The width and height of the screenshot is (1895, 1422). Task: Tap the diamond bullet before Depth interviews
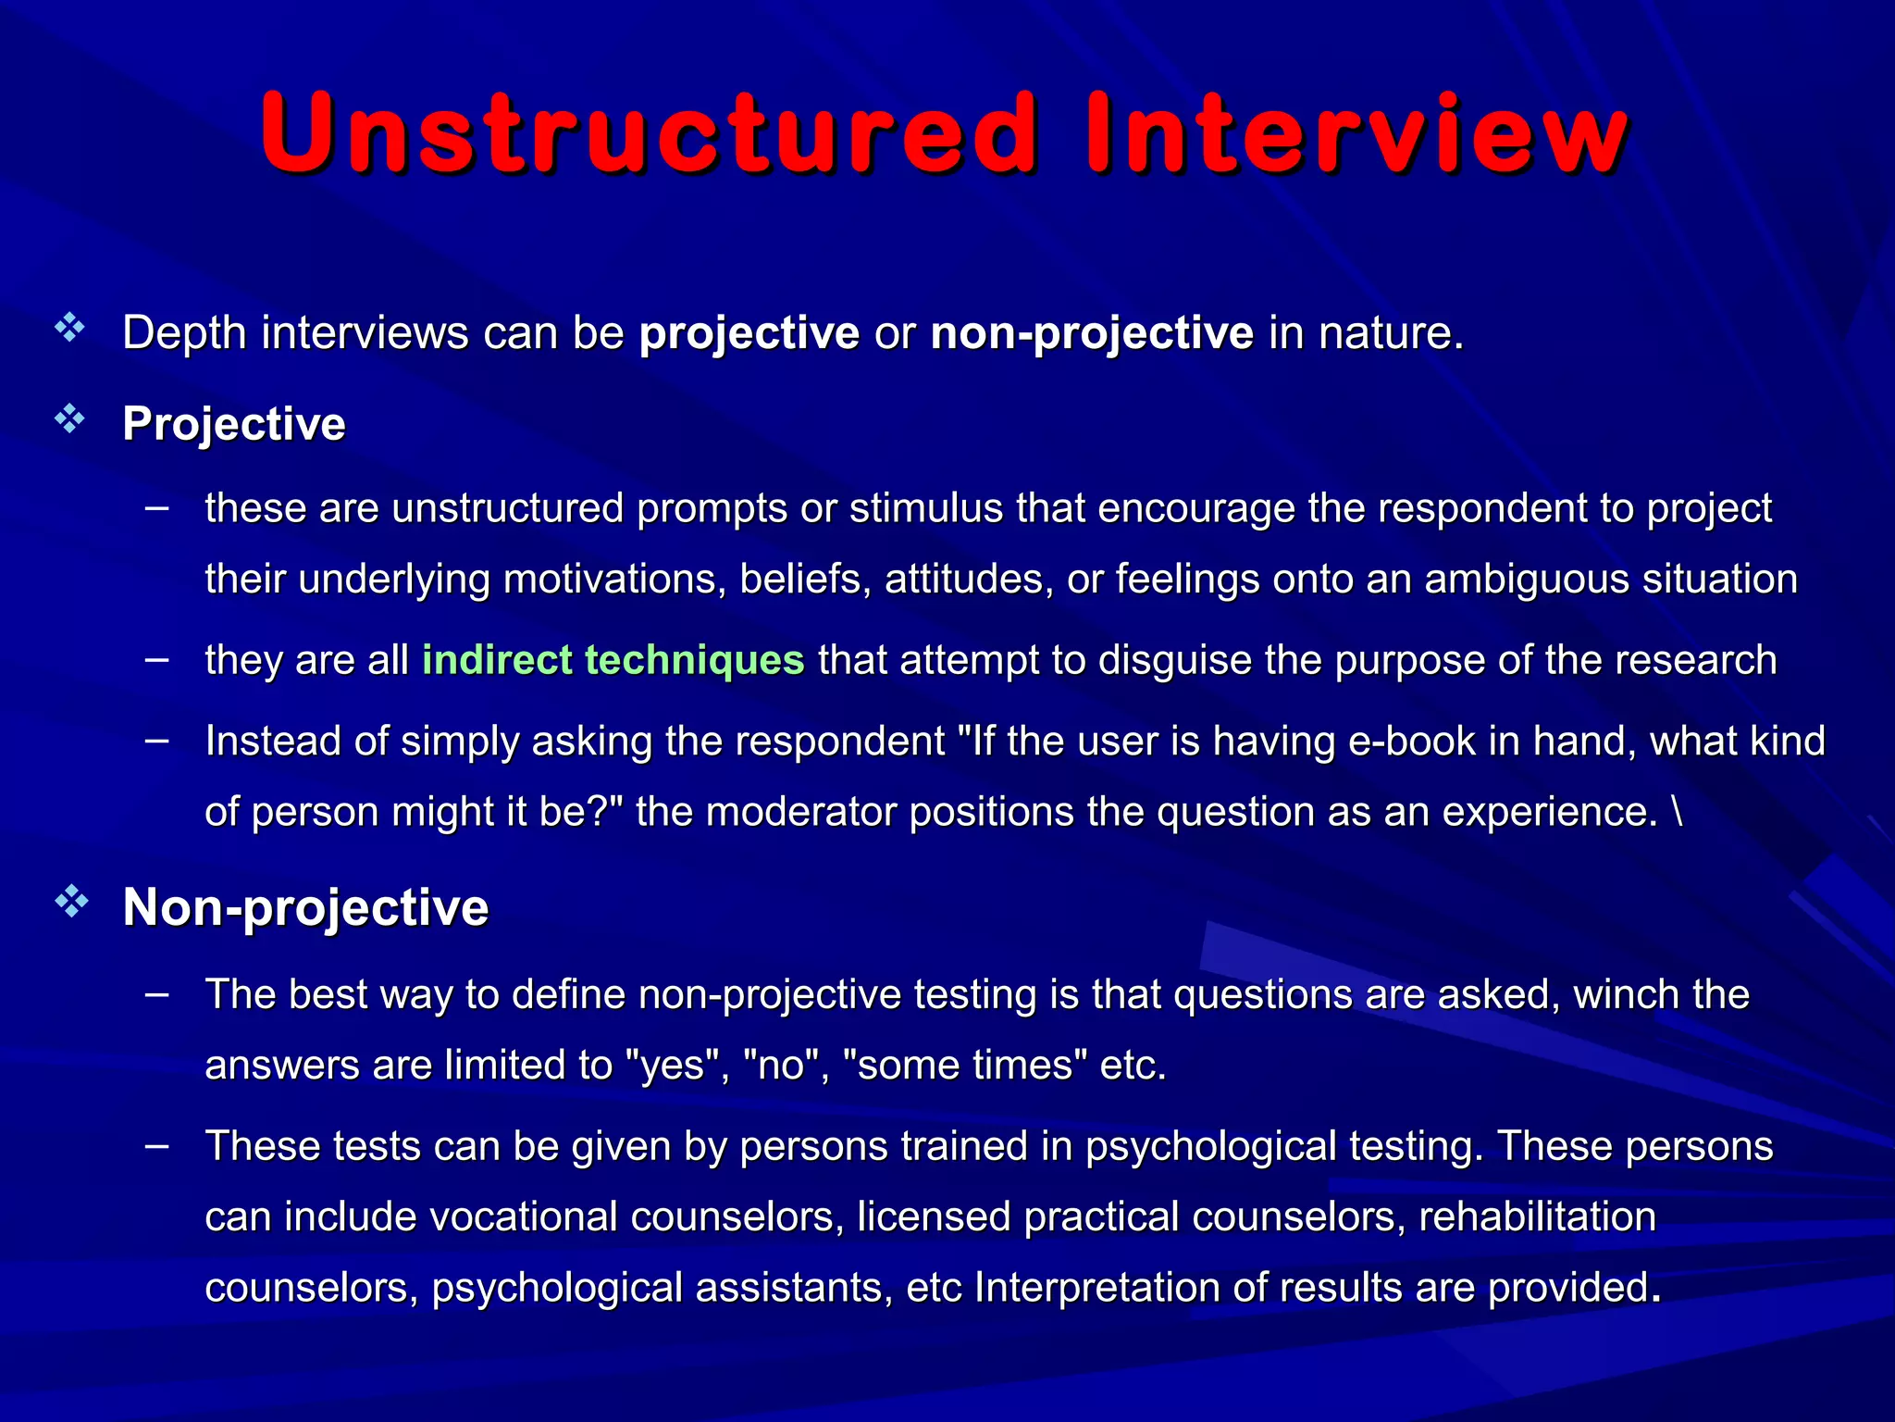[70, 328]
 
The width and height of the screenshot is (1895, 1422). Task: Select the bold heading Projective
[234, 424]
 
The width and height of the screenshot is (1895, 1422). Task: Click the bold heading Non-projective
[305, 906]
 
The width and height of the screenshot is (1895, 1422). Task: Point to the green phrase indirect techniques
[613, 660]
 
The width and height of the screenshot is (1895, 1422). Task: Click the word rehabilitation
[1537, 1216]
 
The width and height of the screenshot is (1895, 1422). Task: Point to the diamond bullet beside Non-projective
[70, 902]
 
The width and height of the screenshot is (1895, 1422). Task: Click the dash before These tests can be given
[157, 1146]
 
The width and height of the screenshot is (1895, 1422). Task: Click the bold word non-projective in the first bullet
[1092, 332]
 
